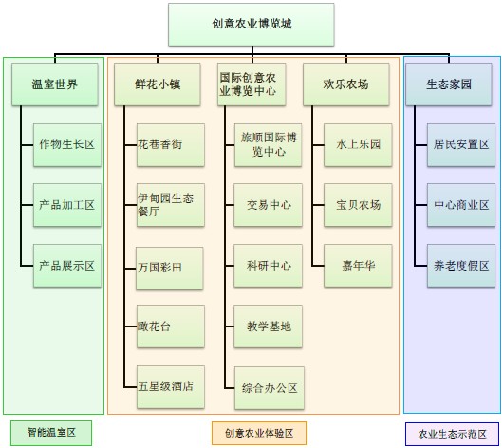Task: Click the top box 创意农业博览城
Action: coord(252,25)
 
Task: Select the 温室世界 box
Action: coord(55,84)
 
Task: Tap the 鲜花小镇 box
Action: coord(158,84)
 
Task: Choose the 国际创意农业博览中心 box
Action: coord(252,84)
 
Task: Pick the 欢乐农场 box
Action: coord(346,84)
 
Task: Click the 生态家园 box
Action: coord(449,84)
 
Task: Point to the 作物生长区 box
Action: coord(67,145)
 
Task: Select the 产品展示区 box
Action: coord(67,266)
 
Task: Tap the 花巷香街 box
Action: coord(171,145)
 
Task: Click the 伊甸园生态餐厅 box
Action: coord(171,205)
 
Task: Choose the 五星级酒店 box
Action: coord(171,387)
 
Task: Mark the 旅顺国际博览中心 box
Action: coord(268,145)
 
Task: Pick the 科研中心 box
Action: coord(268,266)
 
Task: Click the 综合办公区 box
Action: coord(270,388)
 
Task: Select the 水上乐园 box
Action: coord(358,145)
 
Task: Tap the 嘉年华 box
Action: coord(358,266)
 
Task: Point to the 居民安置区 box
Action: coord(461,145)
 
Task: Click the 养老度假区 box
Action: coord(461,266)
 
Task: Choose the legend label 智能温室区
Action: coord(51,433)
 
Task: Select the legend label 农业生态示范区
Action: coord(452,434)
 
